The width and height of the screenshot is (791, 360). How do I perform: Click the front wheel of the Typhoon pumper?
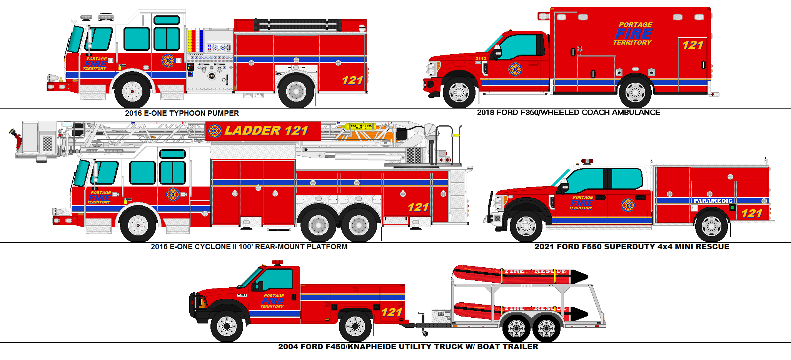(132, 92)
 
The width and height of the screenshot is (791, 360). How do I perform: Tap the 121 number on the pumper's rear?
(352, 80)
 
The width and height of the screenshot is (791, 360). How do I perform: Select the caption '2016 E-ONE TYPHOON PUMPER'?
(182, 113)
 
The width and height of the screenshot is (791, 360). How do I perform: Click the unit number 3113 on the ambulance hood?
(481, 58)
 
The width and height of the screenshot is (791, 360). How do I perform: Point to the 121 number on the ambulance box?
(693, 45)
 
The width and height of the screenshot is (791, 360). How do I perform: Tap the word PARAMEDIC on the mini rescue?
(713, 201)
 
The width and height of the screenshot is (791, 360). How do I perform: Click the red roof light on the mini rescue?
(587, 161)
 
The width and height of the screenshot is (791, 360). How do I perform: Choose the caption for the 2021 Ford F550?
(631, 247)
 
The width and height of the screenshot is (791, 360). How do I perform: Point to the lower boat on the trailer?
(516, 311)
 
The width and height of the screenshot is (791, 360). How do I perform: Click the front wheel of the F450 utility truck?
(227, 327)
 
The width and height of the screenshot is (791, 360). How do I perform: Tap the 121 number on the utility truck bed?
(392, 312)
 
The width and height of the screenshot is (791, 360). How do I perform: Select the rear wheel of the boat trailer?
(546, 328)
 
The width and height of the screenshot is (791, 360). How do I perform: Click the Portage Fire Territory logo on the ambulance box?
(633, 34)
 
